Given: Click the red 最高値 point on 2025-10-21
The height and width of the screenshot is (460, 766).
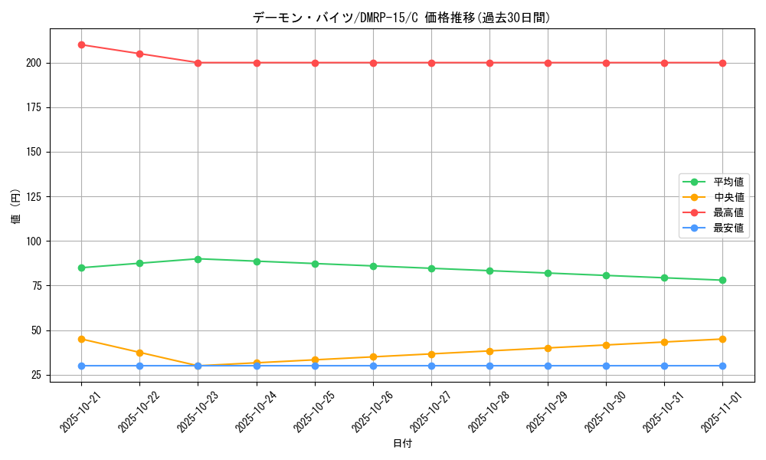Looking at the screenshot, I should tap(81, 44).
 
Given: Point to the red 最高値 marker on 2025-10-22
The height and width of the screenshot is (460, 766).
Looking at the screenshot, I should tap(139, 54).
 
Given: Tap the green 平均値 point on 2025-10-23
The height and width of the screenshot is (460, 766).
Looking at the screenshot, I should tap(198, 259).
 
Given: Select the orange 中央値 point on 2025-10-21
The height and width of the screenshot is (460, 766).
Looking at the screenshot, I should tap(81, 339).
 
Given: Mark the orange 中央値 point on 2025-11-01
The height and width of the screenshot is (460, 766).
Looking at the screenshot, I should tap(722, 339).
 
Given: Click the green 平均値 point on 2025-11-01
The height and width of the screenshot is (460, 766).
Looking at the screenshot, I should tap(722, 281).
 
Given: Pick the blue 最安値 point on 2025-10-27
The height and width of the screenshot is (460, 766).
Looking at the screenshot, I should tap(431, 366).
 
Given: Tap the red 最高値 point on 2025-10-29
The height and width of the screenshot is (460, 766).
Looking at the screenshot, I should tap(548, 63).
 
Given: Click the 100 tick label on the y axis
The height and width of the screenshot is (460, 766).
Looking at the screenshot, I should tap(34, 242).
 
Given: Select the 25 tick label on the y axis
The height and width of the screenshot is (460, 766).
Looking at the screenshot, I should tap(37, 375).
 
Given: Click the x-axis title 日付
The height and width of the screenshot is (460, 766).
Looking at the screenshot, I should tap(402, 444).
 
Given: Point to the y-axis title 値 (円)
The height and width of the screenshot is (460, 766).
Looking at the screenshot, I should tap(15, 207).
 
